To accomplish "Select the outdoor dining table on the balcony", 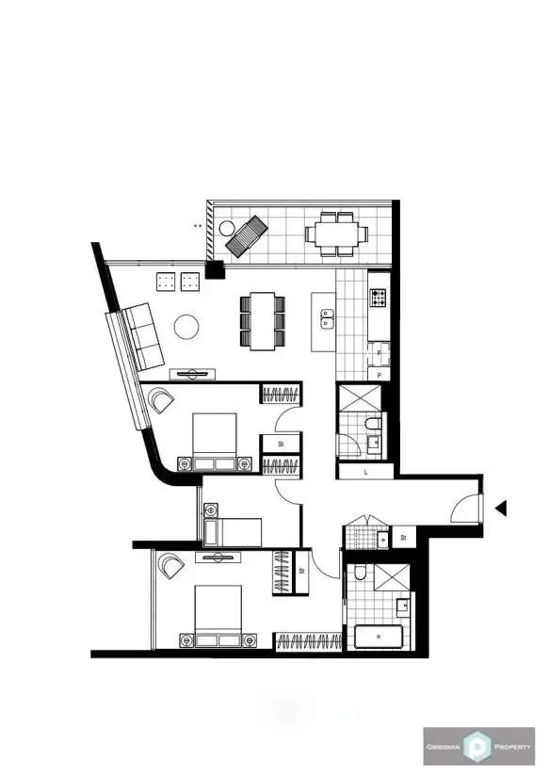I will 332,233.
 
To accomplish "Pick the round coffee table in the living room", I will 186,327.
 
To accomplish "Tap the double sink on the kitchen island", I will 326,321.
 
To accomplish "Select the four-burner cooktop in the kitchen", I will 379,298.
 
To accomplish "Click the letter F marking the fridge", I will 379,354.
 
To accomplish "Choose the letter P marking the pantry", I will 379,375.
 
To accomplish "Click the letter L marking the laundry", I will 364,473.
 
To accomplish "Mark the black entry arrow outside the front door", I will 501,509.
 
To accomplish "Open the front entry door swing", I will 466,509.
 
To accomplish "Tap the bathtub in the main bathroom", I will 379,637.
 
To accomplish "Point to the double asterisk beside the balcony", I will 198,226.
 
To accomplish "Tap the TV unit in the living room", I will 192,371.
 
